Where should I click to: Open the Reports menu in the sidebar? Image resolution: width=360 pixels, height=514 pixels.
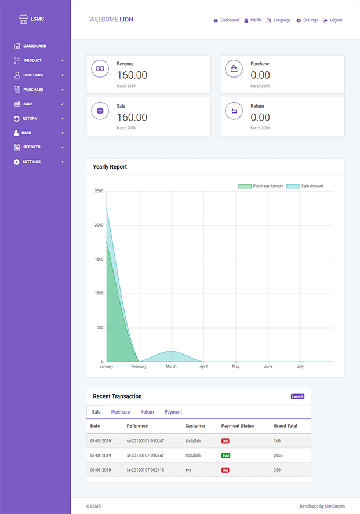click(x=31, y=147)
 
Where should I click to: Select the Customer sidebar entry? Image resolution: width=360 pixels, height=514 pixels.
click(x=33, y=75)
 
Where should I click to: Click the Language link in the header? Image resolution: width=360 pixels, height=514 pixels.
click(x=282, y=20)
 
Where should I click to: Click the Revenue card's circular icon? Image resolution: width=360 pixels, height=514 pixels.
click(x=100, y=68)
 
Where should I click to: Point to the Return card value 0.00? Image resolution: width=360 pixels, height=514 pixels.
click(x=260, y=117)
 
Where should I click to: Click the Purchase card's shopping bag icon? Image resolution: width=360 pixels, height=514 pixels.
click(x=234, y=68)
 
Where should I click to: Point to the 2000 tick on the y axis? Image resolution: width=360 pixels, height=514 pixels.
click(x=99, y=225)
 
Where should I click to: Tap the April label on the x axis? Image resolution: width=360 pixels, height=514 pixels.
click(x=203, y=367)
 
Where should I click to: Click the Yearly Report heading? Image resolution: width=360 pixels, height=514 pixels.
click(x=110, y=167)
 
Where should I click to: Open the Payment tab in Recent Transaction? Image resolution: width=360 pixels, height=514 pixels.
click(x=173, y=412)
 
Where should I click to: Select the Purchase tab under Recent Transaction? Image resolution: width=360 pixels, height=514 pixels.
click(x=121, y=412)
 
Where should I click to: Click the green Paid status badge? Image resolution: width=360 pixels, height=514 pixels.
click(x=225, y=455)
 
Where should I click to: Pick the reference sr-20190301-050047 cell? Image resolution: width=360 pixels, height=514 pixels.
click(x=145, y=441)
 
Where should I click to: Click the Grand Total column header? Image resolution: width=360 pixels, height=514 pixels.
click(x=285, y=426)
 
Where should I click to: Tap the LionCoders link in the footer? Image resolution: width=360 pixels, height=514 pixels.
click(x=334, y=506)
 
